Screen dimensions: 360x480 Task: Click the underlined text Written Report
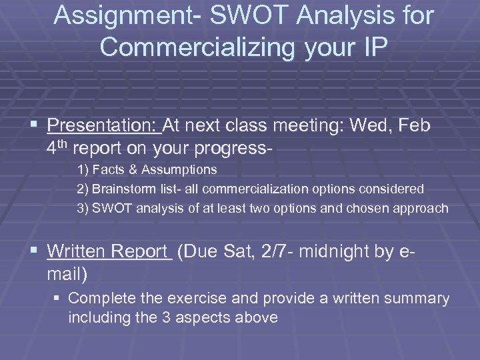[x=109, y=251]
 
